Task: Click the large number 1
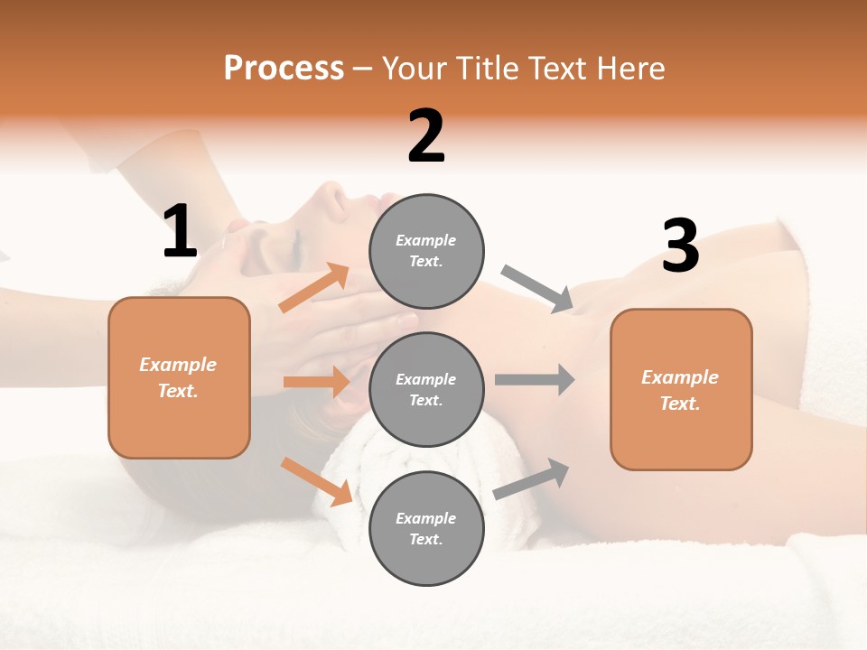click(180, 231)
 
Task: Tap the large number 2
click(426, 136)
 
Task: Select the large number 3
click(680, 246)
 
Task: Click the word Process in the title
click(284, 68)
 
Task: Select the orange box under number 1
click(179, 377)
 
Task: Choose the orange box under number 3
click(681, 389)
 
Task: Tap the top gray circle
click(426, 250)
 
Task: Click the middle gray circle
click(426, 389)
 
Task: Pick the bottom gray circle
click(426, 528)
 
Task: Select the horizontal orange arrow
click(316, 382)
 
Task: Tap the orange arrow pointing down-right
click(316, 481)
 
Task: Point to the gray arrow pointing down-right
click(537, 289)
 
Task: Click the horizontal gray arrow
click(535, 379)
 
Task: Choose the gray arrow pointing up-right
click(532, 478)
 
